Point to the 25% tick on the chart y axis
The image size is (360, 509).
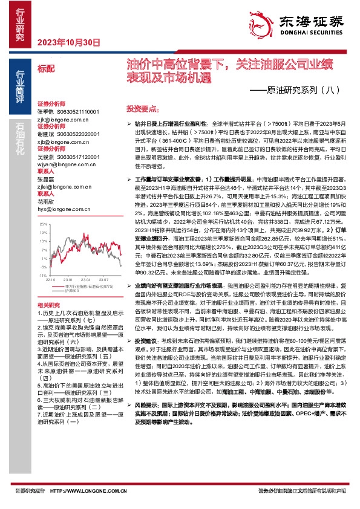click(x=44, y=224)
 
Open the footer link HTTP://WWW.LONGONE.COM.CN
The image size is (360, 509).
click(x=95, y=491)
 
